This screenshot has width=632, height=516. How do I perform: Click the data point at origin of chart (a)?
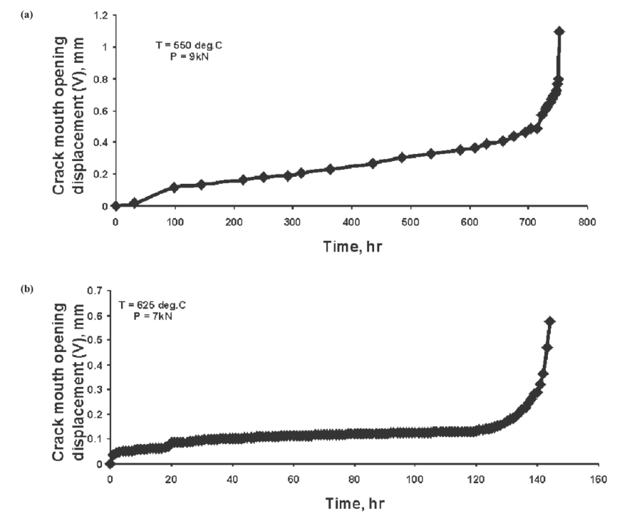tap(115, 206)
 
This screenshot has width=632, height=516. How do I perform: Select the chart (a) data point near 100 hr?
tap(174, 187)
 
